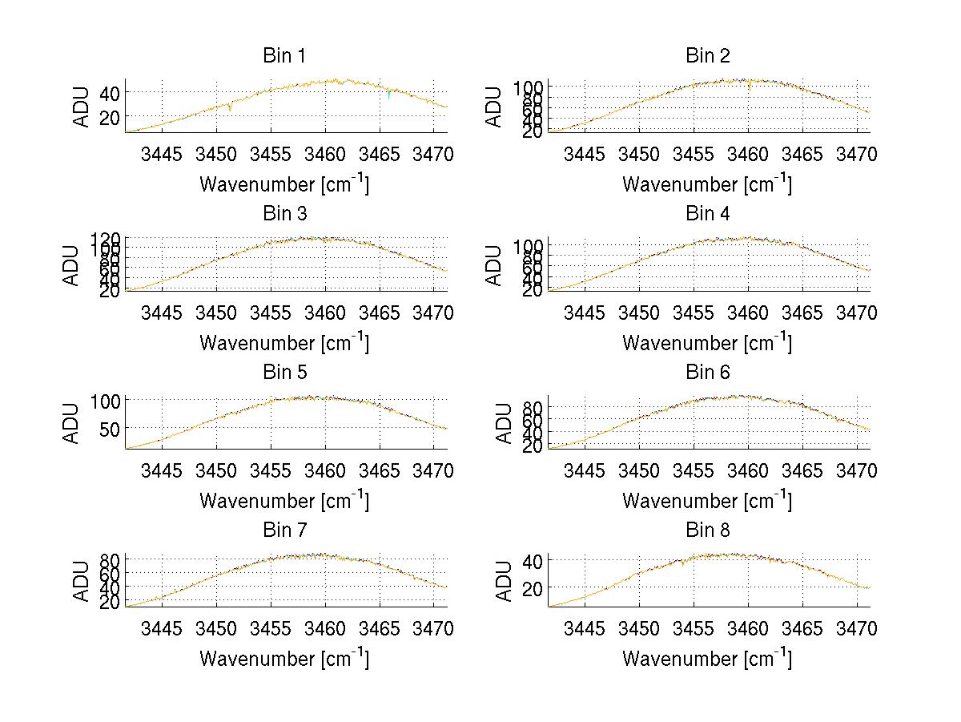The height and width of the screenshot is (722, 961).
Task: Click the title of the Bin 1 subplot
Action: click(284, 56)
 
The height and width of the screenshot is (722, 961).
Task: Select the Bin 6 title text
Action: click(708, 373)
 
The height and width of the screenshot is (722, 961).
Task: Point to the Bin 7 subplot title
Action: click(284, 530)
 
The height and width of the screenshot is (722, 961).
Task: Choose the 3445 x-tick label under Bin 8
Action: click(585, 629)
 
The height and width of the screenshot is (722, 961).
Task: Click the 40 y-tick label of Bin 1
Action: click(110, 92)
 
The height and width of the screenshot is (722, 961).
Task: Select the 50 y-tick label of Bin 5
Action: click(110, 429)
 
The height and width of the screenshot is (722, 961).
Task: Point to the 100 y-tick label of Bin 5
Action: click(106, 400)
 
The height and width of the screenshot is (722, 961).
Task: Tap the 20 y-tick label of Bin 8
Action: click(533, 587)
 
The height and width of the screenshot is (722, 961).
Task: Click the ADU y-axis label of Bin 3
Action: click(72, 264)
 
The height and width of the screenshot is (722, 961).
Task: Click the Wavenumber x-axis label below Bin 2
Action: click(707, 184)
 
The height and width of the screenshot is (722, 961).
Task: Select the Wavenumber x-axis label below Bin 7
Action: click(284, 659)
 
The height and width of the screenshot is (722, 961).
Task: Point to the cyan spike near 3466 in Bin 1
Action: click(388, 95)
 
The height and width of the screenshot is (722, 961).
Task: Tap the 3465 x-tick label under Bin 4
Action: click(802, 313)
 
